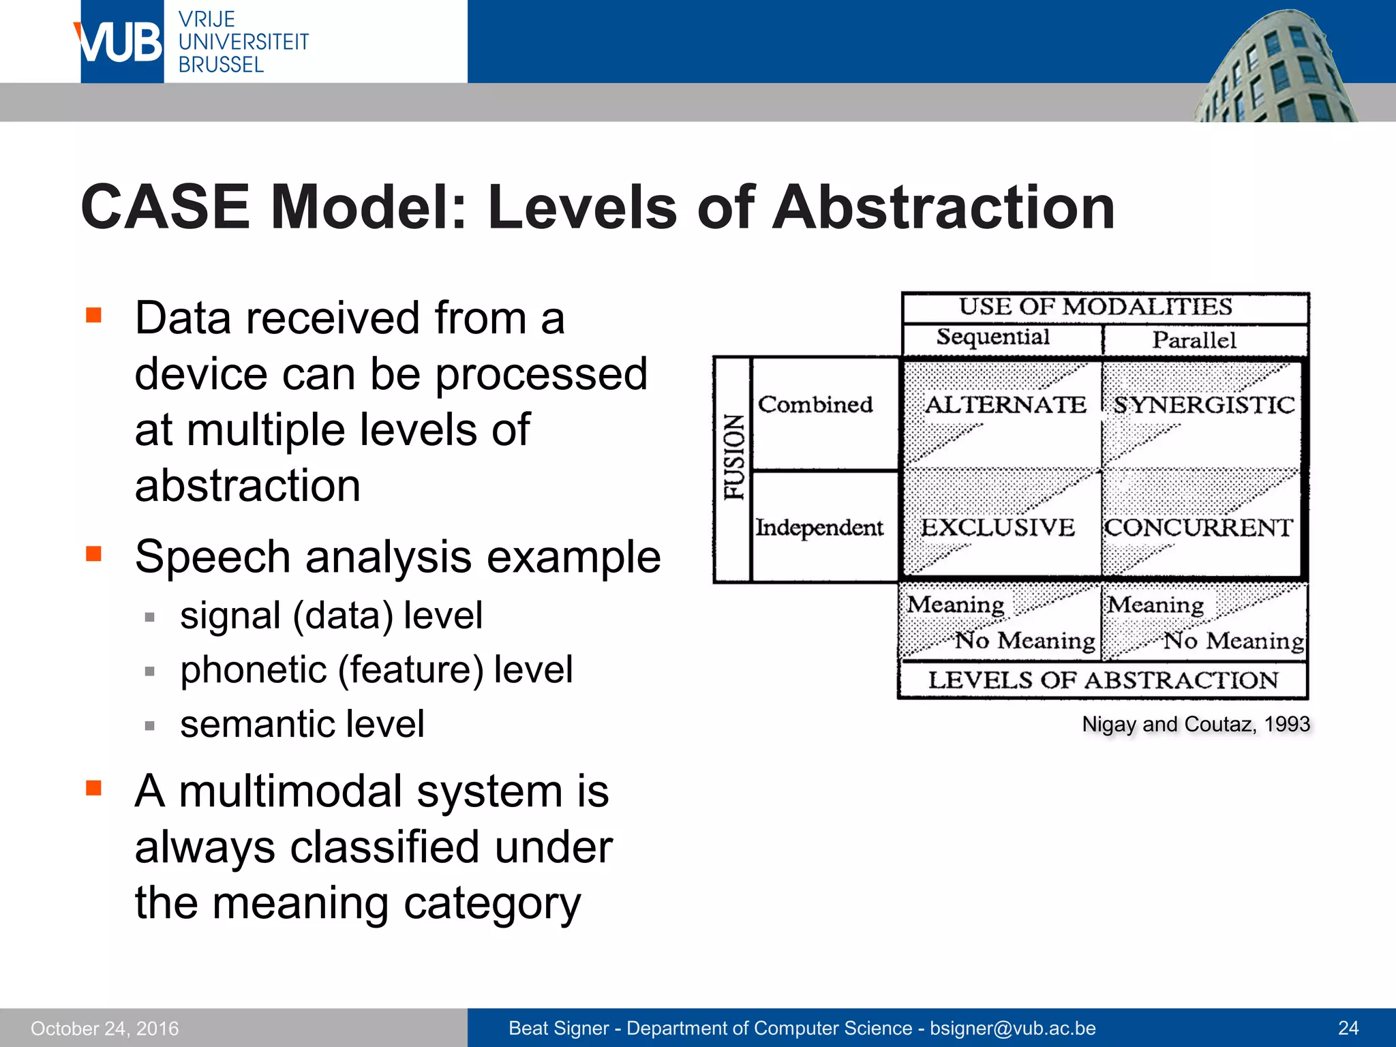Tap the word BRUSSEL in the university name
point(221,65)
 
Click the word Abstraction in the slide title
point(943,207)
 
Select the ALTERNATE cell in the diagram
point(1005,405)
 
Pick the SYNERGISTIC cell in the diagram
point(1204,405)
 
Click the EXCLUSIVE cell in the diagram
point(997,527)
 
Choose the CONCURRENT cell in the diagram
point(1198,527)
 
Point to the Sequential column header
point(992,337)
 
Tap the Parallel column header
point(1194,339)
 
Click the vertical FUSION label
point(733,457)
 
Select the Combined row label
point(815,404)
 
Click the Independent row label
point(819,527)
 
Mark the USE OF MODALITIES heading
point(1095,307)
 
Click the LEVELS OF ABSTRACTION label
point(1103,680)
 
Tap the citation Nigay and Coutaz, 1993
point(1196,724)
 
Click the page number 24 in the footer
point(1348,1028)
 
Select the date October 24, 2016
point(104,1028)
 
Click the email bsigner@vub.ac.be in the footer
point(1013,1028)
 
